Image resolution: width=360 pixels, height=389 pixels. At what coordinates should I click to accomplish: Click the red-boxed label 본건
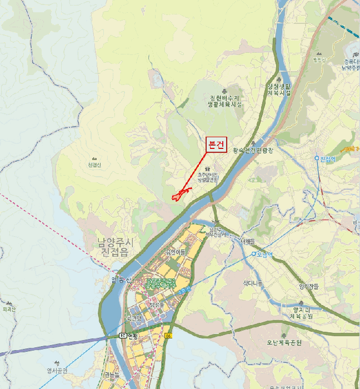(x=216, y=145)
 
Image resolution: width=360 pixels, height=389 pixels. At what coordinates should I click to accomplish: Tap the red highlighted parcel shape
(x=179, y=195)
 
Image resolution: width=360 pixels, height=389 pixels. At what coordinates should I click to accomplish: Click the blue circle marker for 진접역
(x=317, y=158)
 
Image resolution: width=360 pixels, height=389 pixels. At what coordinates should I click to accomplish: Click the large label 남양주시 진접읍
(x=116, y=247)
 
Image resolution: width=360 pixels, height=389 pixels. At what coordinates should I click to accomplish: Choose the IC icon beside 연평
(x=122, y=336)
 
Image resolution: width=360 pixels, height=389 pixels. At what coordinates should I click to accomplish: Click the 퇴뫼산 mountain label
(x=9, y=309)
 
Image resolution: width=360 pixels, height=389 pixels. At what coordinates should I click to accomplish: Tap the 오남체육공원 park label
(x=283, y=343)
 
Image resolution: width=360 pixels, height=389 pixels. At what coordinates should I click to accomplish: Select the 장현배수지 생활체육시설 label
(x=224, y=101)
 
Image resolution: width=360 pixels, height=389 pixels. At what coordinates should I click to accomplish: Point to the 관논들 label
(x=112, y=375)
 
